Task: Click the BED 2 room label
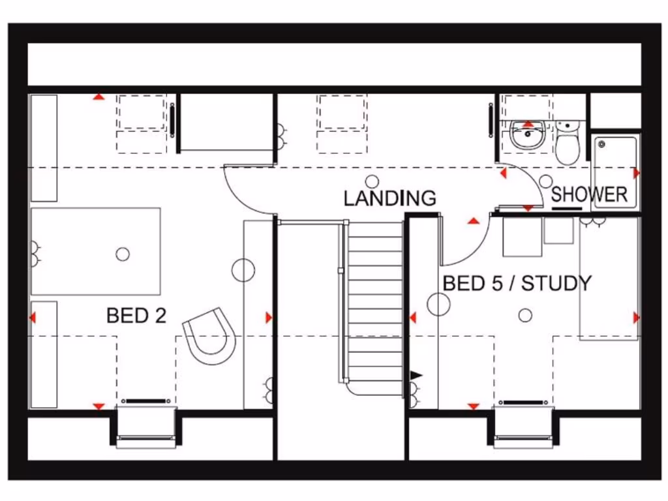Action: coord(136,316)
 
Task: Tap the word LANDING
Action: coord(389,198)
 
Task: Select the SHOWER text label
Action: coord(589,194)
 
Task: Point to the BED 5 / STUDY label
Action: coord(517,283)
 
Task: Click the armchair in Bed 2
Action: coord(210,335)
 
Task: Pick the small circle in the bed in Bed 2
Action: coord(123,254)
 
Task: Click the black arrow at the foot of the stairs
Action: coord(416,375)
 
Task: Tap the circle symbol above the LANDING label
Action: coord(372,181)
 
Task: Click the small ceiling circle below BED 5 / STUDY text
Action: coord(525,316)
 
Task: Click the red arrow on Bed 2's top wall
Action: coord(98,97)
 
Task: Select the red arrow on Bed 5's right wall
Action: coord(637,317)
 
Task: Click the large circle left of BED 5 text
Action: coord(438,304)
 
